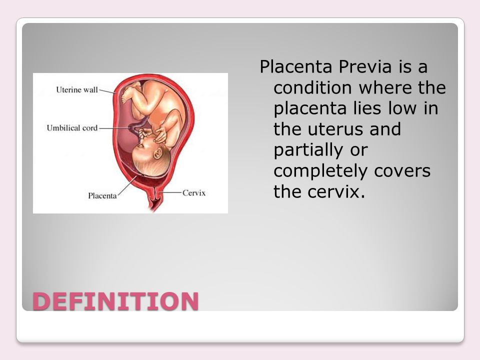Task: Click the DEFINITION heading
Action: (x=115, y=301)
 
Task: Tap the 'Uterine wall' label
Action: (x=77, y=89)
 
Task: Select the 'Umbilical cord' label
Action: (x=72, y=127)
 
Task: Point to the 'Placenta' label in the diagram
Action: (x=102, y=195)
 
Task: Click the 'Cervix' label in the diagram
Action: (x=194, y=193)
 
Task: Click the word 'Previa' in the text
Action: (x=365, y=66)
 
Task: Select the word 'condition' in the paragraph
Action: (x=312, y=87)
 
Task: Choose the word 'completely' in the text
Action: (x=320, y=171)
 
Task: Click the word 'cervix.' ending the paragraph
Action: (x=336, y=191)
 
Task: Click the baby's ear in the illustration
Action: (x=158, y=152)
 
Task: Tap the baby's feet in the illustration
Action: (x=129, y=93)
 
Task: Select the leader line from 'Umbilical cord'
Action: (x=114, y=128)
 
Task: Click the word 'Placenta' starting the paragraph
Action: (x=295, y=66)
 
